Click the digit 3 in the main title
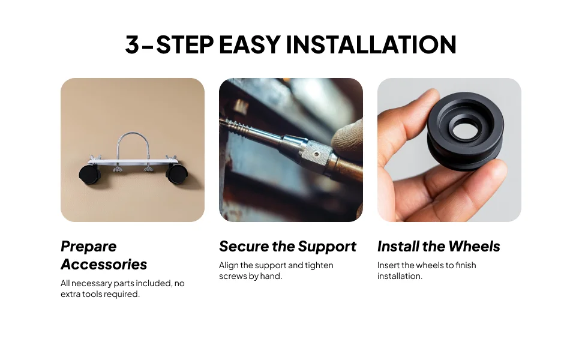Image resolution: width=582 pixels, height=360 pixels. click(132, 44)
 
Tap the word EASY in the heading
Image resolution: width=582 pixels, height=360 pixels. click(250, 44)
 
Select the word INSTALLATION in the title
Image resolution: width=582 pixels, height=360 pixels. click(371, 44)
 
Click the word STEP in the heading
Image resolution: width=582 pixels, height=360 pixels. click(184, 44)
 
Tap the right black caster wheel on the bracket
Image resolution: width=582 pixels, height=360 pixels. click(176, 174)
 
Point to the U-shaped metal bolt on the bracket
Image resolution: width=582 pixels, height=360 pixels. click(133, 146)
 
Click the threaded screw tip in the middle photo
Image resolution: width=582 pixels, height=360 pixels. click(238, 127)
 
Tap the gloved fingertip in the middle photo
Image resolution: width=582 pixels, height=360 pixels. click(347, 136)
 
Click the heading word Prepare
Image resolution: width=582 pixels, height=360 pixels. click(89, 247)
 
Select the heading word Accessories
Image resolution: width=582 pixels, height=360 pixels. click(104, 264)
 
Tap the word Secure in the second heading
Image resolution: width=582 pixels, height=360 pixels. click(244, 247)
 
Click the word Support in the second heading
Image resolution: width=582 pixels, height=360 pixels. click(327, 247)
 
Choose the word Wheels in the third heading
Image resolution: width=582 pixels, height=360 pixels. click(475, 247)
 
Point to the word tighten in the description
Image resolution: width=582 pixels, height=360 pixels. click(319, 265)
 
